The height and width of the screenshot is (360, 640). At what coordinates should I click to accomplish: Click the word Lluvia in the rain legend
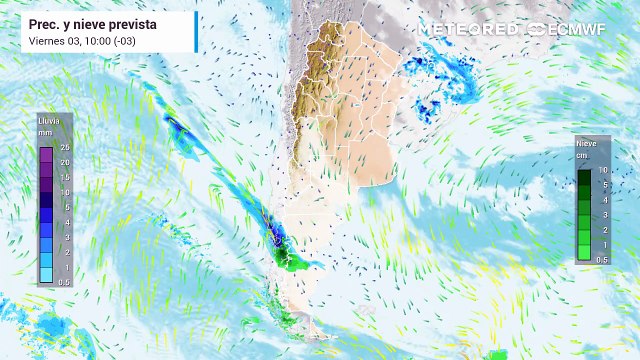[48, 119]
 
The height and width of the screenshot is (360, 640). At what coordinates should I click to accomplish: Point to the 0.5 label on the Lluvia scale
[63, 282]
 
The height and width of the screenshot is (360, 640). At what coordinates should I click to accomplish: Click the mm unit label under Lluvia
[44, 132]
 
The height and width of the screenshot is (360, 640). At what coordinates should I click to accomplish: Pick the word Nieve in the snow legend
[587, 144]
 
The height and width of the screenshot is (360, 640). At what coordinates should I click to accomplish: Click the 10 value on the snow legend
[603, 171]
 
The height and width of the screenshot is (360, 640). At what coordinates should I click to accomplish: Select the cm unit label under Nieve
[583, 156]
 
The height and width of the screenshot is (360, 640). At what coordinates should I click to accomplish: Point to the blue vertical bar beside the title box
[195, 32]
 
